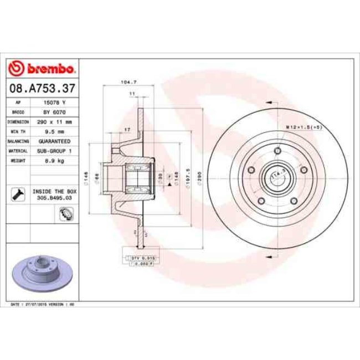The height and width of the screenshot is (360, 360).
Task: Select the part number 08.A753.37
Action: [42, 88]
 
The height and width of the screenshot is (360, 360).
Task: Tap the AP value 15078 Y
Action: [55, 102]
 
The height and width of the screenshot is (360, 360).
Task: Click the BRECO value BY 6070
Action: [54, 111]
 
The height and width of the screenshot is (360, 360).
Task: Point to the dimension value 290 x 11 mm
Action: [54, 121]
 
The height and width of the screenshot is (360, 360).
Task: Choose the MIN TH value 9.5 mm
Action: [54, 131]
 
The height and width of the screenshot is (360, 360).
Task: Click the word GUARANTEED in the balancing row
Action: [54, 141]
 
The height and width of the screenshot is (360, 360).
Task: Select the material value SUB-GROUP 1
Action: [54, 150]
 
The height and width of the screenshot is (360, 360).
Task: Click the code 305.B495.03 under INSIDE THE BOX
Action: [54, 196]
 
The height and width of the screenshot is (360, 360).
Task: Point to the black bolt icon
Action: [17, 193]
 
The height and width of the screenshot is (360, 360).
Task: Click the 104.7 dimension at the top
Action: [128, 83]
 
